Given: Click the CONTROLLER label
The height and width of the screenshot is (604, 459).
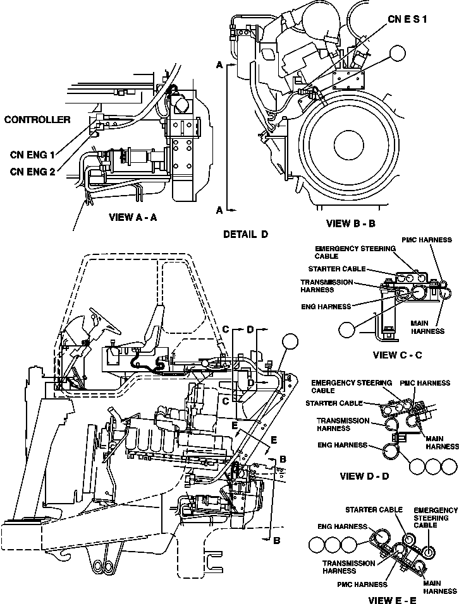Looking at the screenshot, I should (x=37, y=119).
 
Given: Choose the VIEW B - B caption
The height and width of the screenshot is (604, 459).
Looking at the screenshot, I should (x=352, y=223).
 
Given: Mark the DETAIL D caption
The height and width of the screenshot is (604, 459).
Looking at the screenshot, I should (x=246, y=234).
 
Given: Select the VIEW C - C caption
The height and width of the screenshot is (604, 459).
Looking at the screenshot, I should (x=397, y=355).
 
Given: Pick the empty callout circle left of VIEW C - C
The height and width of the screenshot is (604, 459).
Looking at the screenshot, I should (x=347, y=329).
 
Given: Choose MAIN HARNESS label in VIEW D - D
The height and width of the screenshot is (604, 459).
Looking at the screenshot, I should (x=442, y=442).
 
